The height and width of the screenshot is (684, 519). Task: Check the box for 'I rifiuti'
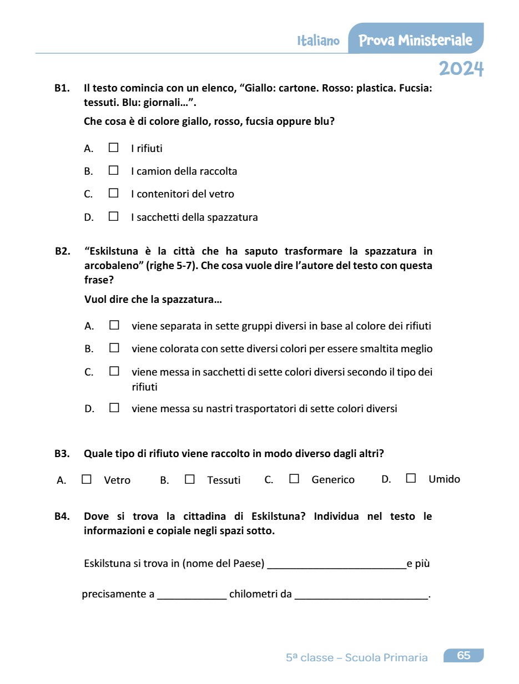[x=114, y=148]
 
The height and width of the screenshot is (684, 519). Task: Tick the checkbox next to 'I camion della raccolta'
[x=114, y=170]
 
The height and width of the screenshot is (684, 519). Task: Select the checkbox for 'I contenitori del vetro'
[x=114, y=193]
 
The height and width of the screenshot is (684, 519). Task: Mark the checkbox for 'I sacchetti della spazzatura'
[x=114, y=216]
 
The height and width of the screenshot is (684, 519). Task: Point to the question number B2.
[x=62, y=251]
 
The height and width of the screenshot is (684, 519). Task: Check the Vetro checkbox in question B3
[x=87, y=479]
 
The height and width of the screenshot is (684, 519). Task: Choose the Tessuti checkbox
[x=190, y=479]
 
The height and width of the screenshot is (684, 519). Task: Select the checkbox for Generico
[x=294, y=479]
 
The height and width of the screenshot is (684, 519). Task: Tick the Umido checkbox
[x=411, y=478]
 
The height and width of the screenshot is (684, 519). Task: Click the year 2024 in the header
[x=461, y=69]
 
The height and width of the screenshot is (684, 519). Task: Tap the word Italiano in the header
[x=318, y=41]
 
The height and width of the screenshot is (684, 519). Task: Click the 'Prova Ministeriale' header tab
[x=415, y=40]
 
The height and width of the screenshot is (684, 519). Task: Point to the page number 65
[x=463, y=656]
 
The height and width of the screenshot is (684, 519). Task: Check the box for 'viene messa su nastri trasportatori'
[x=114, y=408]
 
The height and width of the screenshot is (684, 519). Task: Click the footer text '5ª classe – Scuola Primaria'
[x=356, y=658]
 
